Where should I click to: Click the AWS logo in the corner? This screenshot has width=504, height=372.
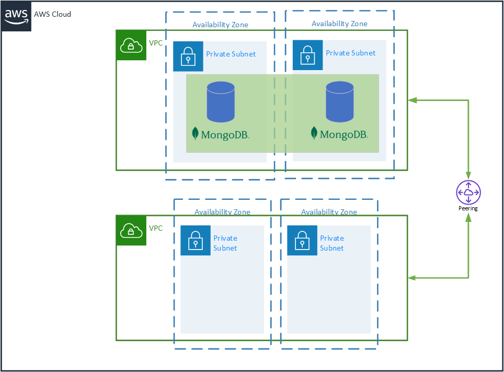16,16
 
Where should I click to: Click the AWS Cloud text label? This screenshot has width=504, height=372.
52,14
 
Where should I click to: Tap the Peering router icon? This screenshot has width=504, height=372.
468,193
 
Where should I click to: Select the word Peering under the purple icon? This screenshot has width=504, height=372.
468,208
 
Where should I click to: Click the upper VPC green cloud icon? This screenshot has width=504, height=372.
131,46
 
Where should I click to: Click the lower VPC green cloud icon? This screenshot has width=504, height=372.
131,230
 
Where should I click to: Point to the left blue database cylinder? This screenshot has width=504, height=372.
220,102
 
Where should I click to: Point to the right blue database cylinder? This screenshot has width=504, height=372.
340,102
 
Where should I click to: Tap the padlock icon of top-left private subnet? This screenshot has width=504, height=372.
188,56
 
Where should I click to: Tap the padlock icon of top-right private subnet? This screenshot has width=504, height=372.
307,55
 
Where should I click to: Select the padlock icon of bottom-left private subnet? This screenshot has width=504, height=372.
196,241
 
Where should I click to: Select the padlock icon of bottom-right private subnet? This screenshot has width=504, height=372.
302,241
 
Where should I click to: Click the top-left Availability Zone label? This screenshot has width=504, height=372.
220,25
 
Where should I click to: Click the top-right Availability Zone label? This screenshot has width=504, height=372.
339,24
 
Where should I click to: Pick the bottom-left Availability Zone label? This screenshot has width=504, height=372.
222,212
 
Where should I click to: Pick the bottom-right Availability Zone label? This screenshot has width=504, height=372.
329,212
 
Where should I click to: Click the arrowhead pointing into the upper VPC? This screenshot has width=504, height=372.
413,99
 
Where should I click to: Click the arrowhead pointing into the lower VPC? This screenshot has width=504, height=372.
413,278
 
